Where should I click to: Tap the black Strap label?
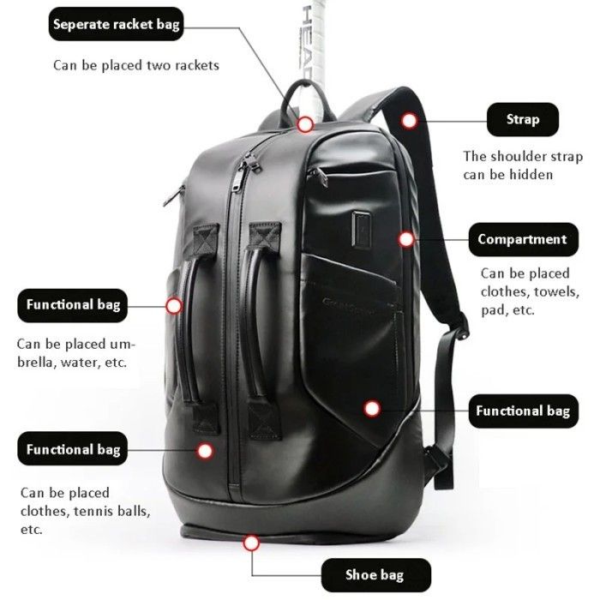click(x=523, y=120)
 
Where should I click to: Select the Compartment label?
click(x=522, y=239)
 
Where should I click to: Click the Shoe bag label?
click(x=374, y=573)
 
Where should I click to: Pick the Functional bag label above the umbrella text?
click(x=72, y=304)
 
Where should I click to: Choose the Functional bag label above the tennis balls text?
click(x=72, y=449)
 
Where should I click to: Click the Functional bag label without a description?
click(x=522, y=411)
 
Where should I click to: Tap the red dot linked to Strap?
click(x=411, y=121)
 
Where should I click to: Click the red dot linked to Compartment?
click(x=406, y=239)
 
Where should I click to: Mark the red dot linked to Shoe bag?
click(x=251, y=542)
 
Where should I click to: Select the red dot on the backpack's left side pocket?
click(x=174, y=304)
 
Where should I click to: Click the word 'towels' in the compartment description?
click(x=555, y=291)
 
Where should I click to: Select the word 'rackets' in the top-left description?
click(x=198, y=65)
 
